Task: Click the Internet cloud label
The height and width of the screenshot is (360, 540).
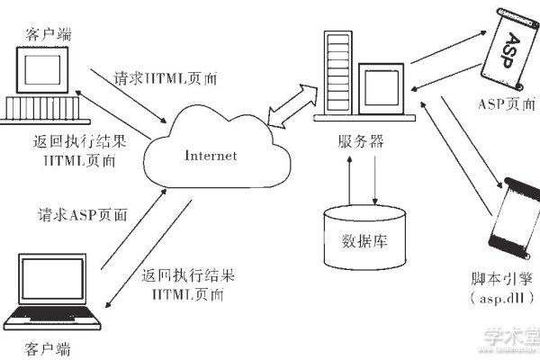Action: pyautogui.click(x=211, y=155)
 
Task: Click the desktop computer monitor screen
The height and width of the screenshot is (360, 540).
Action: pyautogui.click(x=41, y=70)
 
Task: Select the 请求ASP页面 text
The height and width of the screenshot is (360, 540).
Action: pyautogui.click(x=82, y=216)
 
